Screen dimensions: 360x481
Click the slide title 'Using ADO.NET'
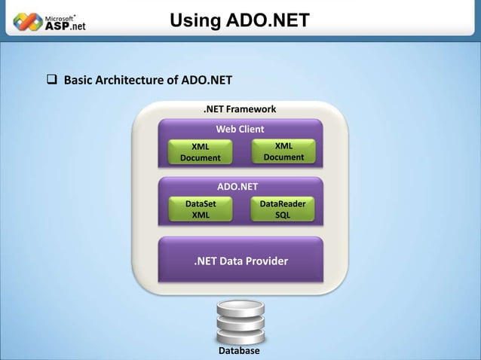click(x=239, y=21)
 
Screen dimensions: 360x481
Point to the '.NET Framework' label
click(x=240, y=109)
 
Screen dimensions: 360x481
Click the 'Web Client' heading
click(x=240, y=129)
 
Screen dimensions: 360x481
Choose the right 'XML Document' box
click(x=283, y=151)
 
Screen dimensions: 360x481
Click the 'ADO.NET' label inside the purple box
click(x=237, y=187)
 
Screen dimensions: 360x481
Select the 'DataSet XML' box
click(x=201, y=209)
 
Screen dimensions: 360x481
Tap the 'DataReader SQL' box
click(x=282, y=209)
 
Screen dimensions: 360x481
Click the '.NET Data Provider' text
click(x=240, y=261)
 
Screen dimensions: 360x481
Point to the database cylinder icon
click(x=239, y=322)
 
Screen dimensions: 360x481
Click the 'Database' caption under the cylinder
click(x=239, y=352)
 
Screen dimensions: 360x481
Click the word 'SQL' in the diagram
click(x=282, y=215)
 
